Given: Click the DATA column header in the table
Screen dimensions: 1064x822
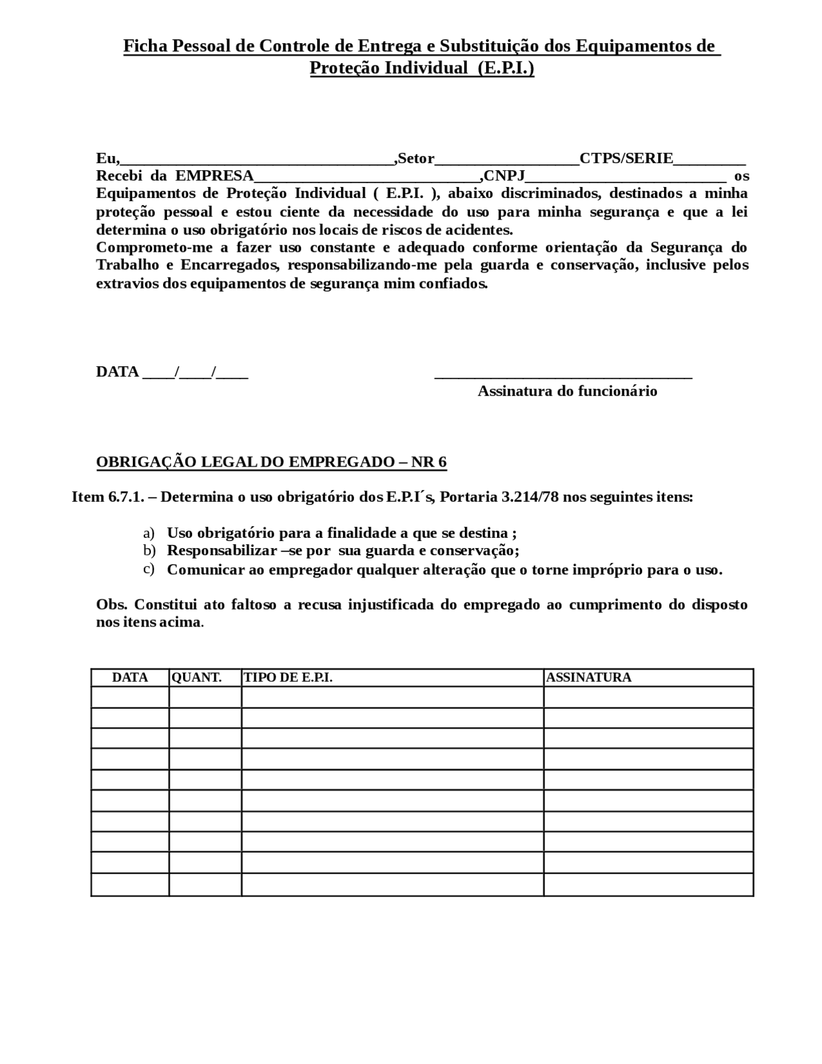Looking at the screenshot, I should tap(130, 677).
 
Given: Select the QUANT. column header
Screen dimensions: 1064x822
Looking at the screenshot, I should tap(197, 677).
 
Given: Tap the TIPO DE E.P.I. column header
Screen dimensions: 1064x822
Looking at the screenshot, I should tap(288, 677).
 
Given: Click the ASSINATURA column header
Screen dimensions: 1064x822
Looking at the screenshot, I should tap(588, 677).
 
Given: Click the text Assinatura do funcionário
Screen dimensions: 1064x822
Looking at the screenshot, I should tap(567, 391).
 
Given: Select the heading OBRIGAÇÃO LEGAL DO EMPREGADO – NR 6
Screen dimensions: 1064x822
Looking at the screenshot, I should tap(271, 462).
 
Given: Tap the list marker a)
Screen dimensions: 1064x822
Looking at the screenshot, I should tap(149, 533).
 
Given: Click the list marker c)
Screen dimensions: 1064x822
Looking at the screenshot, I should tap(149, 569).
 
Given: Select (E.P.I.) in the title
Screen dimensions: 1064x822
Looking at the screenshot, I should tap(505, 68).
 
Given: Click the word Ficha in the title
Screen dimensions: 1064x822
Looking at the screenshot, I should tap(143, 46).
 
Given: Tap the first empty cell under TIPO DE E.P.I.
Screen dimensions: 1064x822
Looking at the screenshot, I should tap(392, 697).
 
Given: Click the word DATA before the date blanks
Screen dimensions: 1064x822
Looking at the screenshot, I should tap(118, 372).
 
